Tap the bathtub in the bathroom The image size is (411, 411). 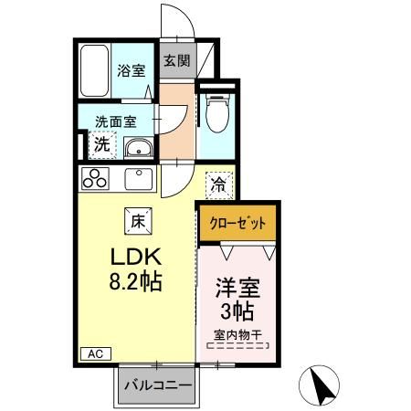click(94, 70)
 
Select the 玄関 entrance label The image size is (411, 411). click(176, 62)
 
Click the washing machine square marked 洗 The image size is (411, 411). click(103, 143)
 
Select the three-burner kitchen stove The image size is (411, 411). click(95, 177)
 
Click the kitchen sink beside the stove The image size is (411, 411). click(141, 177)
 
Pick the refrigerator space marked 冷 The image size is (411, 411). click(219, 184)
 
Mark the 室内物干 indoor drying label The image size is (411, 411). click(238, 336)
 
